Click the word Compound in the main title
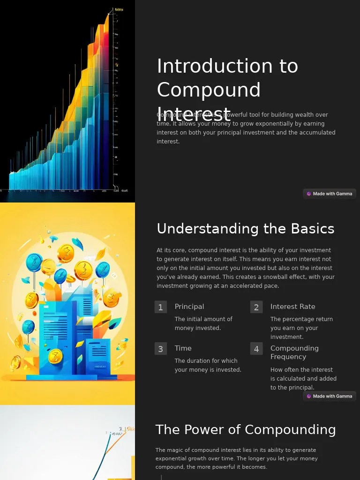tap(209, 90)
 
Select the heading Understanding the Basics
tap(245, 229)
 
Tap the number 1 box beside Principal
tap(161, 307)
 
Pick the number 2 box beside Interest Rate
tap(256, 307)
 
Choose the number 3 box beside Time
tap(161, 349)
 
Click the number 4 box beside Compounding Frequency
tap(256, 349)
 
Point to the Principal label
tap(189, 307)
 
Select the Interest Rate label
tap(292, 307)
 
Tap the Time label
tap(183, 348)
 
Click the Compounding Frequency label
tap(294, 352)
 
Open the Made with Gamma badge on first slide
tap(330, 194)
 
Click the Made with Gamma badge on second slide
tap(330, 396)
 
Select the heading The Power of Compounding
tap(245, 430)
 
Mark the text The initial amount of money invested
tap(203, 323)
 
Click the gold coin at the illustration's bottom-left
tap(15, 362)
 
